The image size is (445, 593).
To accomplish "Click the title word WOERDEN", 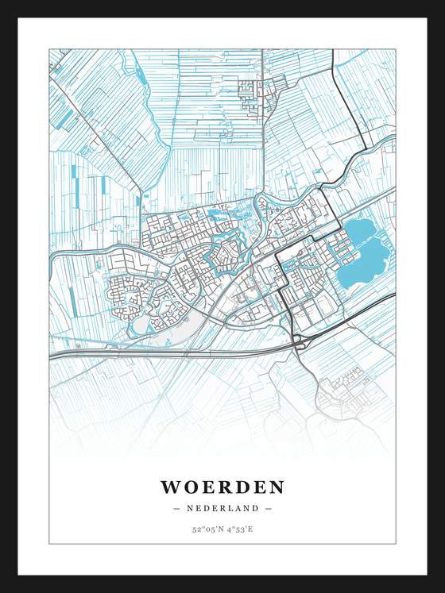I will click(222, 487).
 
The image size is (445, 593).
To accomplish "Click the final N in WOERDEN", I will click(276, 487).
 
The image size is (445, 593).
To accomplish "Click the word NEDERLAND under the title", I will click(222, 508).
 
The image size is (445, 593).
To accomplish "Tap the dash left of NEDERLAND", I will click(176, 508).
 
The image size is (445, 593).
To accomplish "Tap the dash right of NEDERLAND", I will click(269, 508).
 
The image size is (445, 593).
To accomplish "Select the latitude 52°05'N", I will click(206, 529).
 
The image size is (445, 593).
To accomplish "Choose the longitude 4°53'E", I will click(238, 529).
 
